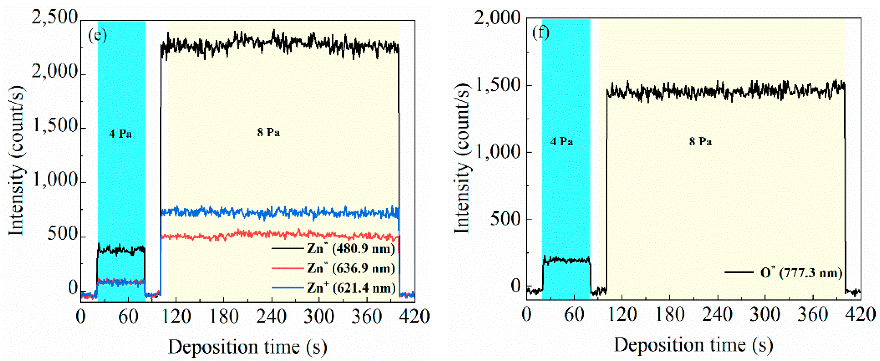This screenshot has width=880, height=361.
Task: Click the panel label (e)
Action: click(97, 35)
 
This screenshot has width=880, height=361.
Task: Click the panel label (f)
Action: click(541, 33)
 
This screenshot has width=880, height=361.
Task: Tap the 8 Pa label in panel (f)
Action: click(700, 142)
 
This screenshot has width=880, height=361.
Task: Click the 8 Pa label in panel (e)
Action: click(269, 132)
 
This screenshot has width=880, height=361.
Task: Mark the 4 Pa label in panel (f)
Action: click(562, 142)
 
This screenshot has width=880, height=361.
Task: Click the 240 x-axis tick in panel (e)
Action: click(271, 316)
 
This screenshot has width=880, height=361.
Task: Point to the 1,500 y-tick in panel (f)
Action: click(497, 85)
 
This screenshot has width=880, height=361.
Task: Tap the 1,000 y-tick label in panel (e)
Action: click(55, 179)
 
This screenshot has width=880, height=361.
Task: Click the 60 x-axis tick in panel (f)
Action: click(574, 314)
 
